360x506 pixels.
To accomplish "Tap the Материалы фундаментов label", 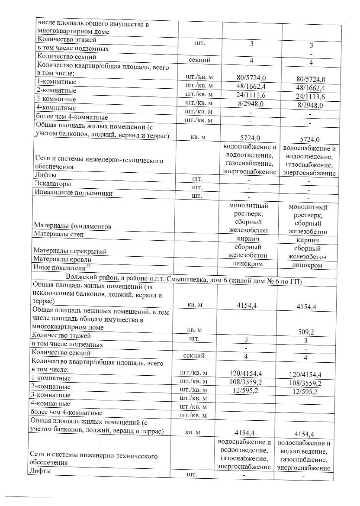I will coord(72,226).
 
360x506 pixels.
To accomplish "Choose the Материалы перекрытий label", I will coord(70,251).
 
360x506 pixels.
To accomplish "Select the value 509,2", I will coord(305,332).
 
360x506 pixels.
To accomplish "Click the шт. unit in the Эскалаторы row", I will coord(197,187).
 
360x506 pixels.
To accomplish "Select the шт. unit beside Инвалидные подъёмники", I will coord(197,196).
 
